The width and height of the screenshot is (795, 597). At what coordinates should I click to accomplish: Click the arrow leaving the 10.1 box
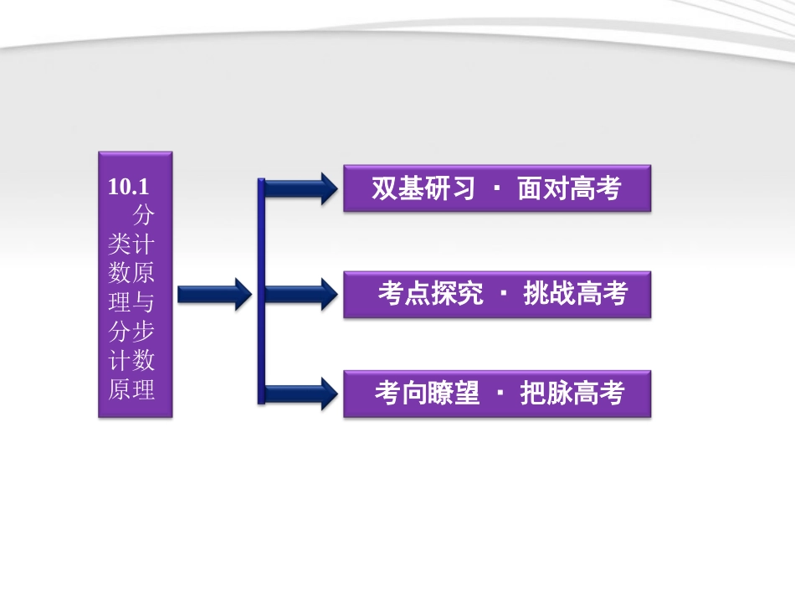click(213, 294)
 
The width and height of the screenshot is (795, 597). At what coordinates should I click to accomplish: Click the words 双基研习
click(423, 188)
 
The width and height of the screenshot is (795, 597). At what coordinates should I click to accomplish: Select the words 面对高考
click(569, 188)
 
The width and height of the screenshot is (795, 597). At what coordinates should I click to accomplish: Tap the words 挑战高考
click(575, 294)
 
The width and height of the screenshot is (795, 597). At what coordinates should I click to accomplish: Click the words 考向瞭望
click(427, 394)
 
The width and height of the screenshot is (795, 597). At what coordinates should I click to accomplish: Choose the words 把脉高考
click(572, 394)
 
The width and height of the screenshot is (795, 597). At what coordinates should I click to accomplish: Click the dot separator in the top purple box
click(497, 189)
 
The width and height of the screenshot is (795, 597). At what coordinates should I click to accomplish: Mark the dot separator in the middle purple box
click(503, 295)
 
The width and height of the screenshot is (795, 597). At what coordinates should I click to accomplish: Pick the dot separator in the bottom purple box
click(500, 394)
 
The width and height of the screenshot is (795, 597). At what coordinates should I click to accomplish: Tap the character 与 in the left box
click(143, 301)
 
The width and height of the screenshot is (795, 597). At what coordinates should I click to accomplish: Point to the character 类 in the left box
click(120, 244)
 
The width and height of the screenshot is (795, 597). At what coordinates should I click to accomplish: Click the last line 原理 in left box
click(131, 389)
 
